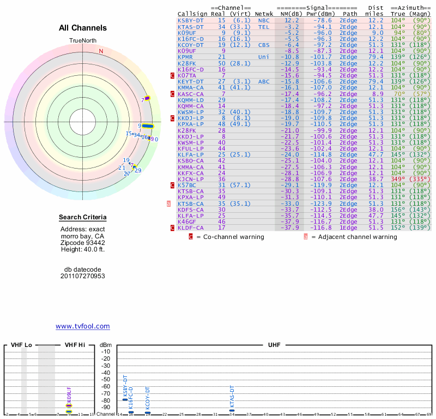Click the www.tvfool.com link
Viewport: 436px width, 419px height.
(x=82, y=326)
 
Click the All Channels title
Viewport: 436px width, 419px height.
(x=83, y=28)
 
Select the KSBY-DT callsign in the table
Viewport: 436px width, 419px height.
(x=191, y=20)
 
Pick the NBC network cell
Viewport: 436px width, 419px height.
(x=264, y=20)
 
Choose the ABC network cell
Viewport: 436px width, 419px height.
(x=264, y=81)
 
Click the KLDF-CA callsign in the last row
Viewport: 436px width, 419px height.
(x=191, y=228)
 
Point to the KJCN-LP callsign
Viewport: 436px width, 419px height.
(x=191, y=179)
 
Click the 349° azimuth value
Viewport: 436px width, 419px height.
(x=399, y=179)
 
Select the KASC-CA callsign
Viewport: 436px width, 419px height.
(x=191, y=94)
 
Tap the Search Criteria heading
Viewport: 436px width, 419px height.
(x=82, y=218)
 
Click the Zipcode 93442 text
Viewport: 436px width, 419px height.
(x=83, y=242)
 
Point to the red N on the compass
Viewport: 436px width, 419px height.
(x=101, y=51)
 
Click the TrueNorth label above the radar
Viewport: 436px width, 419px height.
(x=83, y=41)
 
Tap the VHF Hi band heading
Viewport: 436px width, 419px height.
(x=75, y=345)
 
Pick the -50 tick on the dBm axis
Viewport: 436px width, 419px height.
(x=106, y=379)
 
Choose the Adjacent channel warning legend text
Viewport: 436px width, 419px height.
(x=354, y=237)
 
